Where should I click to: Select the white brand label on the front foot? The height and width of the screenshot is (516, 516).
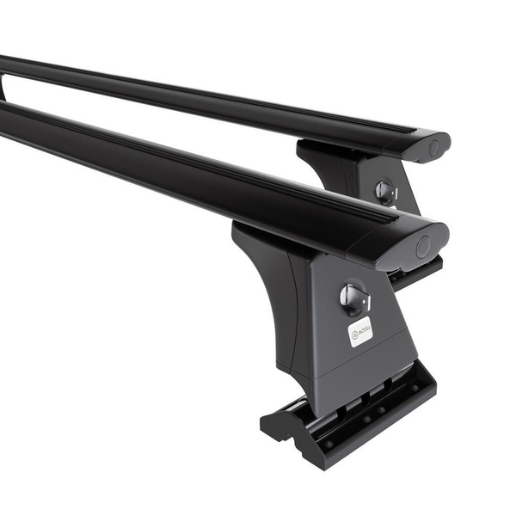(x=360, y=331)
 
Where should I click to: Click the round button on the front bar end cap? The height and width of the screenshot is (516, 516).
(x=423, y=247)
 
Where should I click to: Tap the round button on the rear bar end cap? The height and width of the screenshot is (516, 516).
(x=433, y=148)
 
